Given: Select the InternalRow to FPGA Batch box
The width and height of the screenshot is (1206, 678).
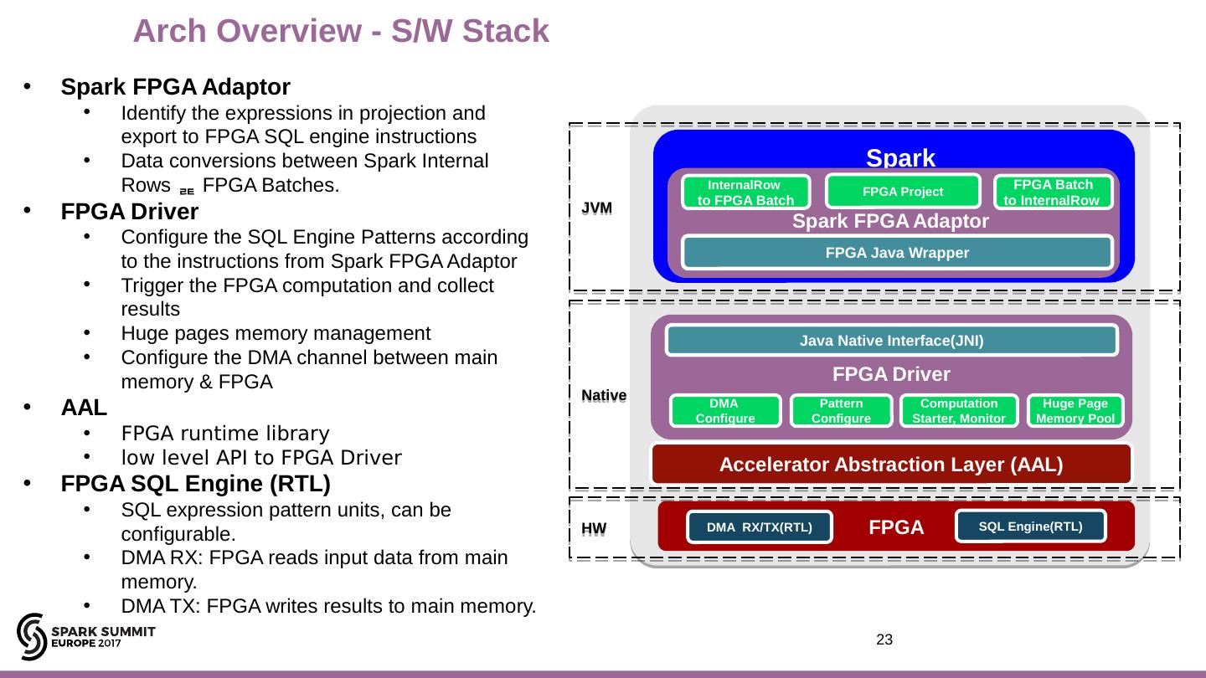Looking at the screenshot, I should click(x=745, y=193).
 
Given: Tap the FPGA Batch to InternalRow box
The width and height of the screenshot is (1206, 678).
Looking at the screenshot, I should click(x=1052, y=193).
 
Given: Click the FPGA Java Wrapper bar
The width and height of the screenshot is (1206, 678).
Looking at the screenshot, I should click(x=897, y=253).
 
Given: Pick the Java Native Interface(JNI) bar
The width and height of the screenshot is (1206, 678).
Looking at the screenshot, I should click(x=891, y=341).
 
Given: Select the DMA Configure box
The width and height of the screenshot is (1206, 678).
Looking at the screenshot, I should click(x=725, y=411).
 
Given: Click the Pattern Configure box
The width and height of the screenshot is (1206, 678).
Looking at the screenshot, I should click(x=841, y=411).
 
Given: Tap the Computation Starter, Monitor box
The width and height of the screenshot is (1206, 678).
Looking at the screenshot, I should click(x=958, y=411).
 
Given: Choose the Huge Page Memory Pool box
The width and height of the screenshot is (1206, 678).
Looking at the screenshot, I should click(x=1075, y=411).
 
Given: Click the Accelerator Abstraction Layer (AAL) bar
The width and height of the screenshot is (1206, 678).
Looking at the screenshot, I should click(x=891, y=465).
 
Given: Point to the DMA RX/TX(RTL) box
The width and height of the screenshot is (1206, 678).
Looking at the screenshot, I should click(x=759, y=527).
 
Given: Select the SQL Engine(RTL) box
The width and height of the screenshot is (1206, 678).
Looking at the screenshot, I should click(x=1030, y=526).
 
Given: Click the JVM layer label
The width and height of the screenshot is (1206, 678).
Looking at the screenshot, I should click(x=597, y=207).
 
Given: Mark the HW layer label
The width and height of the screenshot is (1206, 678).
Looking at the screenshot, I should click(x=594, y=530).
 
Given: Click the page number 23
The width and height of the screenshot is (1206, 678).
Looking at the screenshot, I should click(x=884, y=640).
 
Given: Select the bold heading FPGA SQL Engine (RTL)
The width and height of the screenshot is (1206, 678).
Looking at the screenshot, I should click(x=195, y=484).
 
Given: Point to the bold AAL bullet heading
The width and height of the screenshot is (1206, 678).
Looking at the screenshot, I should click(x=84, y=408).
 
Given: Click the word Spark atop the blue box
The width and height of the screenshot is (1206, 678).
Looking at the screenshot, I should click(x=900, y=157).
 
